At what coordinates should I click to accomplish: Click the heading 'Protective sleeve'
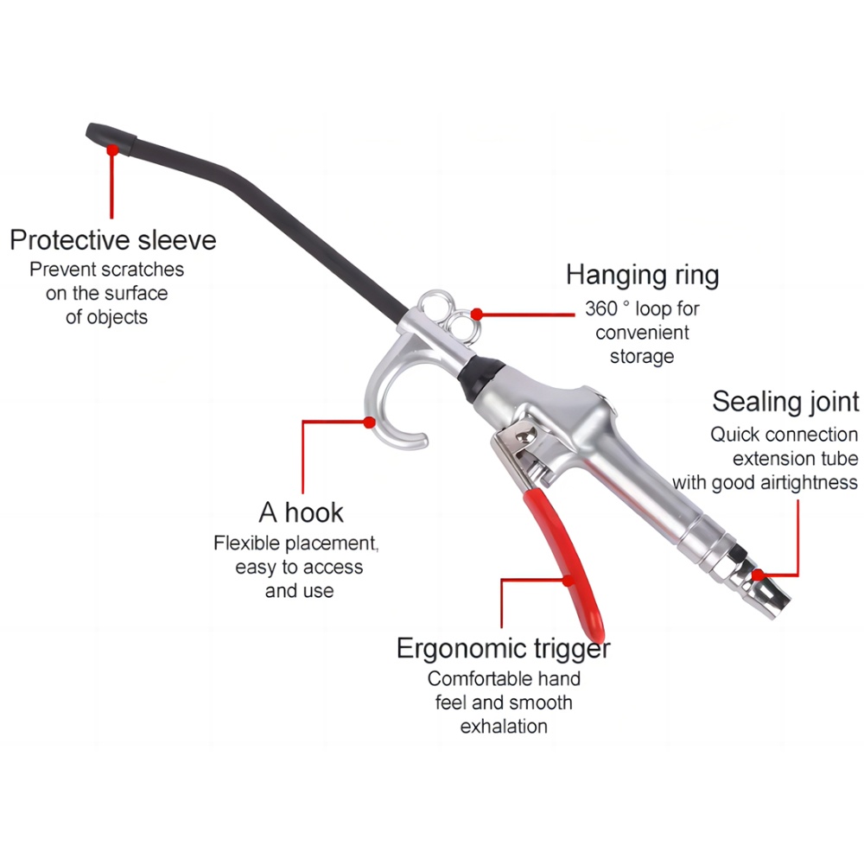[113, 241]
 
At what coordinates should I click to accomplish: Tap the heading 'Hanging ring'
[643, 276]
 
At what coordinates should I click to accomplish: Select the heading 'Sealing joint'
[785, 401]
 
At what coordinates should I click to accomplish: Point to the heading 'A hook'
[301, 512]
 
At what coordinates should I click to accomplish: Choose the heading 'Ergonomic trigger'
[504, 649]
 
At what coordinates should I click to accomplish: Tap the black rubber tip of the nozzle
[111, 140]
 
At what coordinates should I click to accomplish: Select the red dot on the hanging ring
[477, 314]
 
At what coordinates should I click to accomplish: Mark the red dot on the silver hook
[369, 422]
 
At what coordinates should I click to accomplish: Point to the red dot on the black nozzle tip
[112, 149]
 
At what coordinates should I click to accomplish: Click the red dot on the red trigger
[569, 581]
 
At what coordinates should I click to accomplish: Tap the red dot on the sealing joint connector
[759, 575]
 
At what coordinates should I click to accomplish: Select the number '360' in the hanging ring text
[601, 309]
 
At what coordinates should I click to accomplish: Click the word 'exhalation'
[504, 727]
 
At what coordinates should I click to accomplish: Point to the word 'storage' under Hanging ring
[642, 357]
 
